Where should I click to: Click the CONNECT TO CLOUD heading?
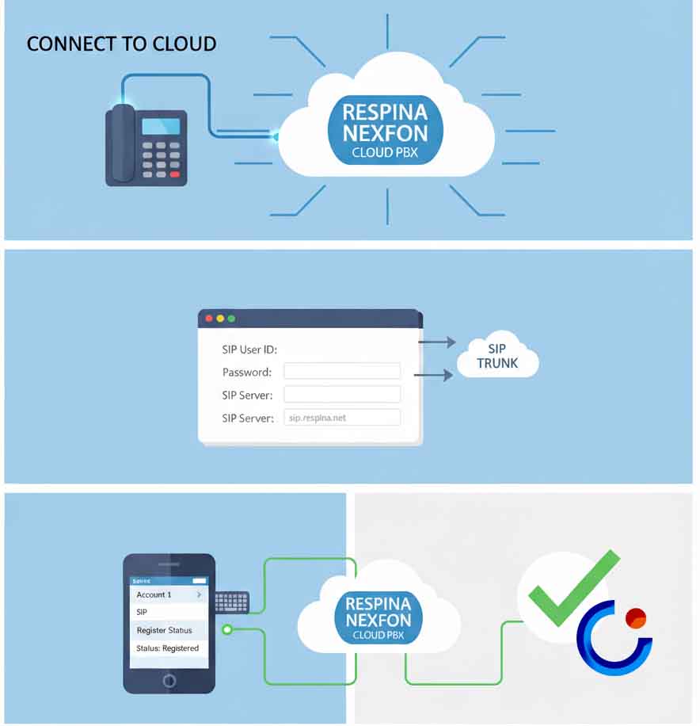pos(121,44)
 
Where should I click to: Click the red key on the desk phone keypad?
pos(175,174)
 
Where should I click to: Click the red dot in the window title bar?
pos(209,319)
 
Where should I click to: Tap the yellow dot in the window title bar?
pos(220,319)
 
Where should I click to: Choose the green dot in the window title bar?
pos(231,319)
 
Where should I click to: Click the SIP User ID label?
pos(249,350)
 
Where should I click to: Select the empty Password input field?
pos(342,372)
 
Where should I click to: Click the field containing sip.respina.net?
pos(342,418)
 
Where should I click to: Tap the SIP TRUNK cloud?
pos(497,357)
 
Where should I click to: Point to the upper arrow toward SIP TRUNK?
pos(436,342)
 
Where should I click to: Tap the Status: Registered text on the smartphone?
pos(168,648)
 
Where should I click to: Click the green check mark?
pos(573,588)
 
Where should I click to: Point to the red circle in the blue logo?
pos(635,617)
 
